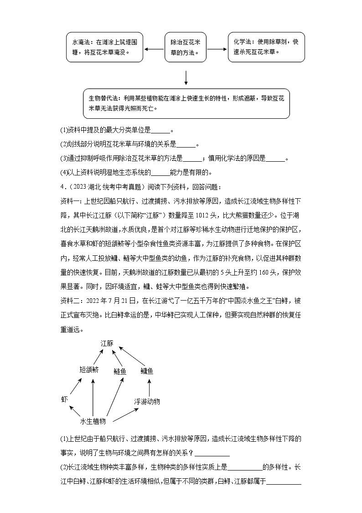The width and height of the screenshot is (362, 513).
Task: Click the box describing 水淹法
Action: tap(104, 47)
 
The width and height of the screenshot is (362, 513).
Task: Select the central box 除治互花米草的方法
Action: tap(186, 47)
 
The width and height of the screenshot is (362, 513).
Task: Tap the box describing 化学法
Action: tap(266, 47)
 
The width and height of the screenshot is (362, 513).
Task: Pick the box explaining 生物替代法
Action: tap(186, 103)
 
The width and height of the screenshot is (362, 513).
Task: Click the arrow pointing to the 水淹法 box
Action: tap(154, 49)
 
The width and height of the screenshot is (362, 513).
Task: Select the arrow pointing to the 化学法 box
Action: tap(217, 49)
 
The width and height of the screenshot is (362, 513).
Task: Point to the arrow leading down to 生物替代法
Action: tap(186, 77)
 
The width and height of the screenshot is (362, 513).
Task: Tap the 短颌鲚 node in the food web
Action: tap(89, 370)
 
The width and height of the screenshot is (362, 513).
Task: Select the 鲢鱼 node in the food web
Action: tap(120, 371)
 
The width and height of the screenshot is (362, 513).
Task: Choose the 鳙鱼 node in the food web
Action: tap(147, 371)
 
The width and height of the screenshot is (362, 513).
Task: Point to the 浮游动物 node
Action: tap(147, 402)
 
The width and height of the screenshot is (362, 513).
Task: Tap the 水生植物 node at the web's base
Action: tap(93, 421)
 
